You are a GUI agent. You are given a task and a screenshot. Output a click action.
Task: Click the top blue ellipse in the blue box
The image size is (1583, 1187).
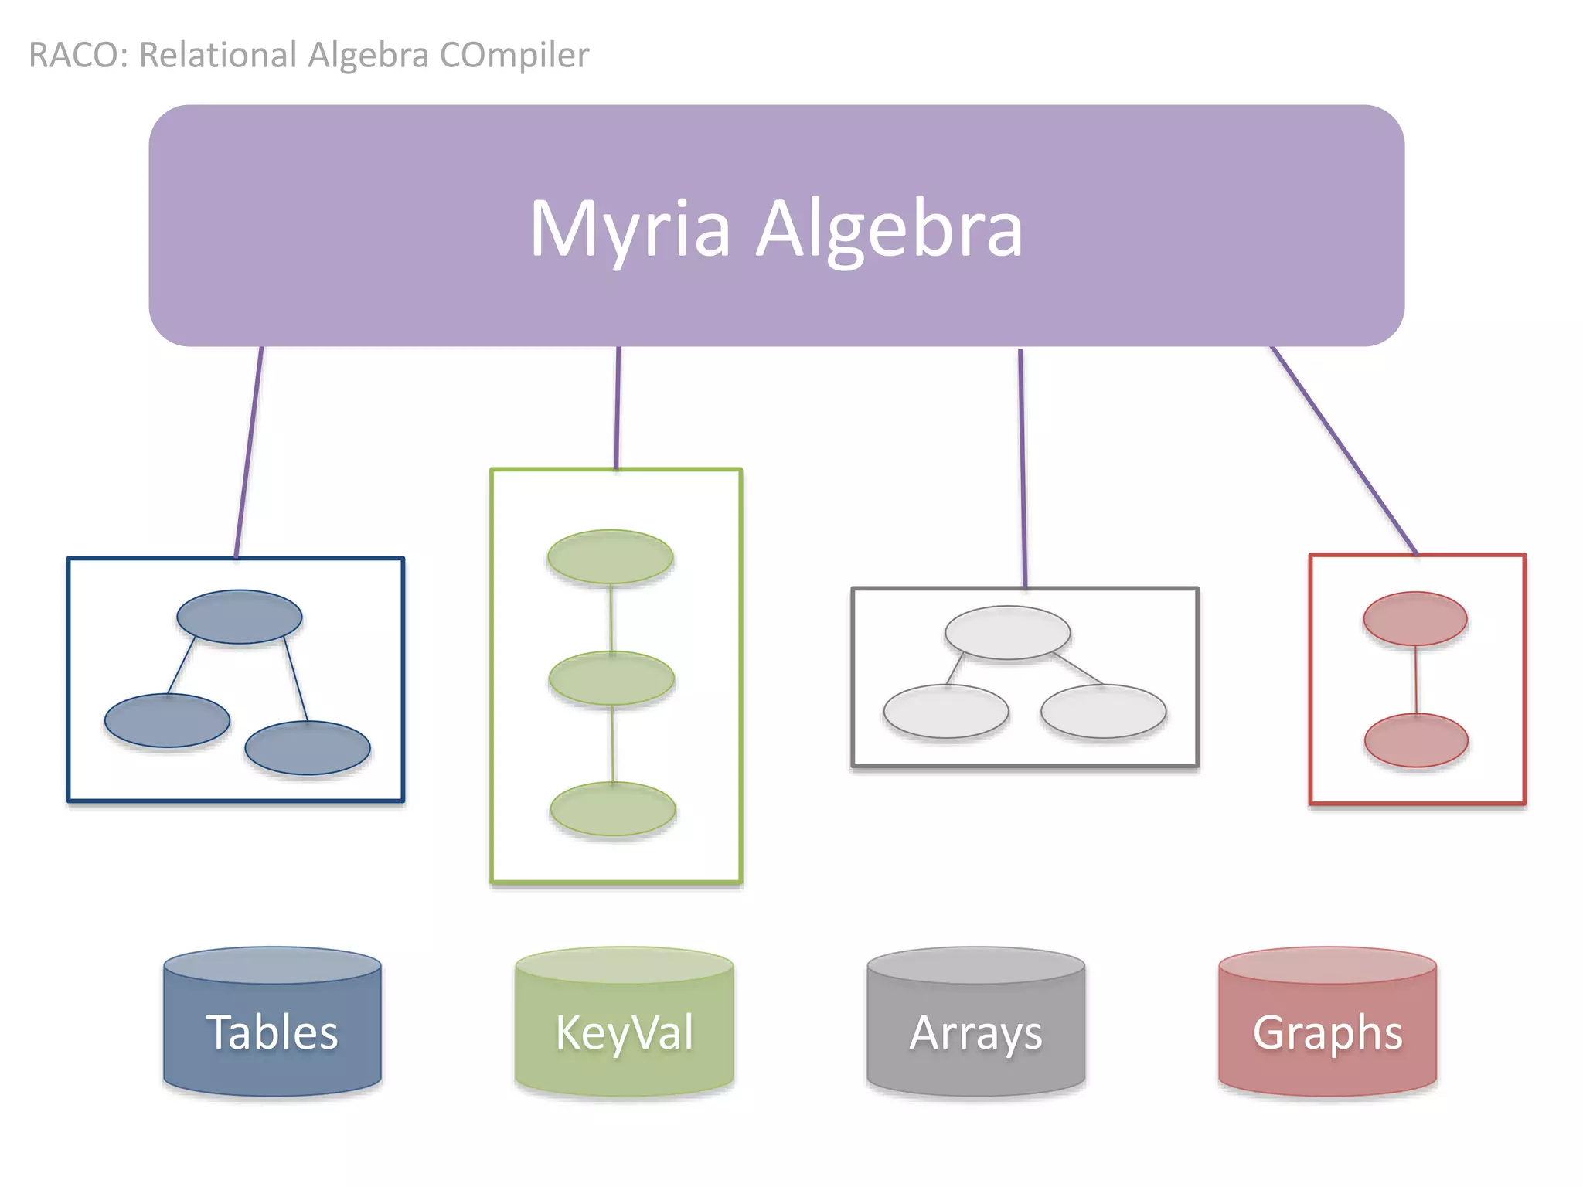point(239,617)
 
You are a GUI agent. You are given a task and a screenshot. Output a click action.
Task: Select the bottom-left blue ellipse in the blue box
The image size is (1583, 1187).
point(167,720)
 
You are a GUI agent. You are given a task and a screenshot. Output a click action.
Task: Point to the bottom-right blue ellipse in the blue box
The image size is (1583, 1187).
point(308,747)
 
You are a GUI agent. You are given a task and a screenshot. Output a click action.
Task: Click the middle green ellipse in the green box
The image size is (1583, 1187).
point(611,678)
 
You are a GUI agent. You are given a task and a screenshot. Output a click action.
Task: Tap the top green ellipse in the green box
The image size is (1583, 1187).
point(610,556)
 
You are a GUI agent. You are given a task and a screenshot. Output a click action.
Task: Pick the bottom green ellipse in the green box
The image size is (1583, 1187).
point(613,808)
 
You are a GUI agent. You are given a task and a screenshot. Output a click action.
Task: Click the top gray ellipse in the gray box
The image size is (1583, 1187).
point(1007,632)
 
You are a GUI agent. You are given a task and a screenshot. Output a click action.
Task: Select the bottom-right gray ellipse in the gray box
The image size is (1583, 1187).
point(1103,711)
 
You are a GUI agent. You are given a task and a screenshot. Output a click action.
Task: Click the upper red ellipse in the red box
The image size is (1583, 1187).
point(1414,618)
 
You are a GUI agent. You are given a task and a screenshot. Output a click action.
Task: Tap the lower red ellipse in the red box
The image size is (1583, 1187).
point(1416,740)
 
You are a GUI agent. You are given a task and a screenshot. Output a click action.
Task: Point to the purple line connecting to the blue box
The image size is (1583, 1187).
point(249,452)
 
